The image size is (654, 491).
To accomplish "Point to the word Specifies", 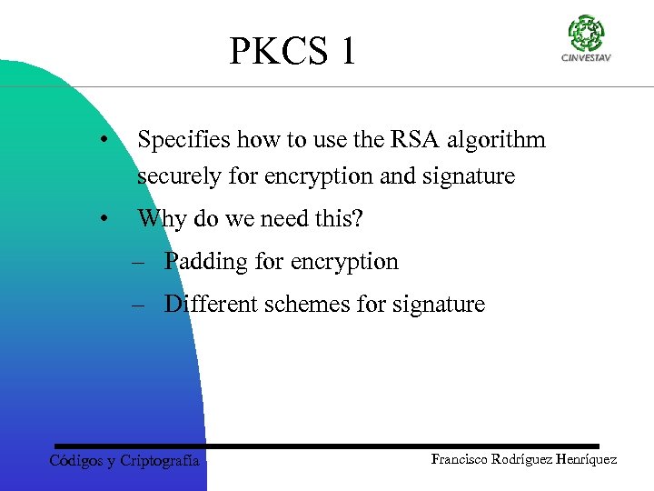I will (x=183, y=140).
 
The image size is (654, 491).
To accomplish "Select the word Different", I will (x=211, y=305).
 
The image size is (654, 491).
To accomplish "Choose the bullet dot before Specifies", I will (x=106, y=141).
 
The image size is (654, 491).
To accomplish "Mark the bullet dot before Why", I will (x=106, y=219).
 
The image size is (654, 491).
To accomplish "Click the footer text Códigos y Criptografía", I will (x=124, y=461).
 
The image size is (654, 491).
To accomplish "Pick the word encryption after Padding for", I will (x=345, y=262).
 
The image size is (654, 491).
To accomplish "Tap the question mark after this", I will (x=357, y=219).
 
